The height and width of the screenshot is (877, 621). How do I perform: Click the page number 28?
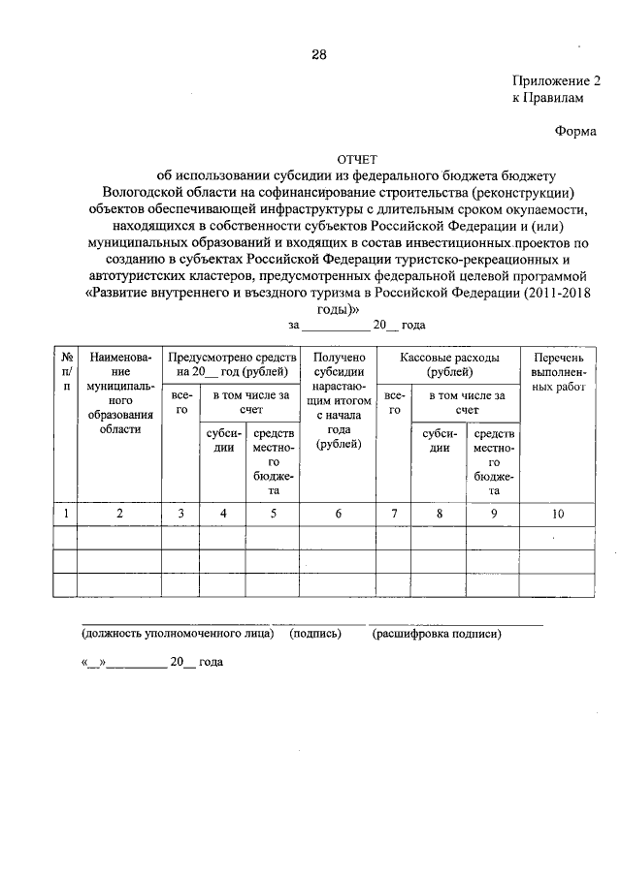(318, 54)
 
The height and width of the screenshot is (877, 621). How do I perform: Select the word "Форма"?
(575, 131)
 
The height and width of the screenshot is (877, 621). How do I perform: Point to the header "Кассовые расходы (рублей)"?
(449, 364)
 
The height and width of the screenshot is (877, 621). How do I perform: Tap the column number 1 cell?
(66, 514)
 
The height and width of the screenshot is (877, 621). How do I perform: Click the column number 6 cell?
(338, 514)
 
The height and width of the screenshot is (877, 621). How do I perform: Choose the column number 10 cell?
(558, 514)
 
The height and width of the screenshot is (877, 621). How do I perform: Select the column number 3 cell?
(180, 514)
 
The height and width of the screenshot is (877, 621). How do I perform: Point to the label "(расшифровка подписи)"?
(436, 635)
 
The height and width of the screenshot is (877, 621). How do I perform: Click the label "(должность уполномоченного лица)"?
(178, 635)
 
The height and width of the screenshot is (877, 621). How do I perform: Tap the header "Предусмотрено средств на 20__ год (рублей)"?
(230, 364)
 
